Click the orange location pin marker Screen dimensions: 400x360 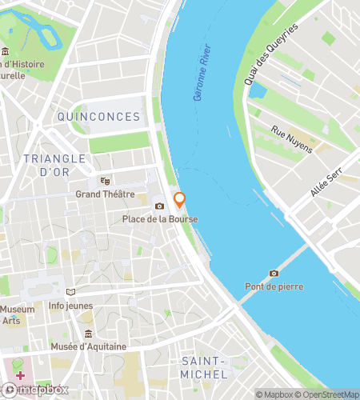click(180, 200)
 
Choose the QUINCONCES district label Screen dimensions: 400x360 click(98, 117)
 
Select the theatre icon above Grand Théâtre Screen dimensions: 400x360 click(105, 181)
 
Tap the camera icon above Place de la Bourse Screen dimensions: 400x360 click(159, 207)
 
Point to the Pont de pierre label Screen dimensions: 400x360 click(274, 286)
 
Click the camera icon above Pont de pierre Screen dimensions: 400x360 click(274, 274)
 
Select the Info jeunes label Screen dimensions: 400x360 click(70, 305)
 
